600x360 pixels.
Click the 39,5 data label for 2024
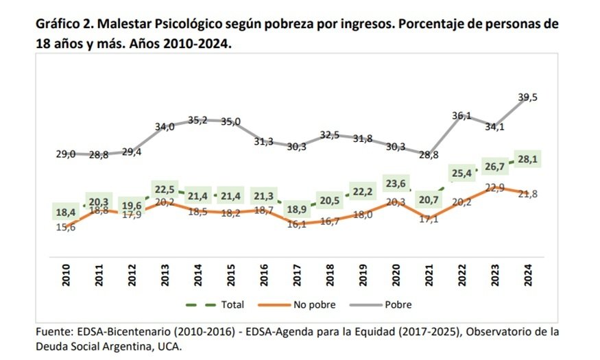pos(527,98)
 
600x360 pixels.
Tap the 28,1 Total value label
pos(527,160)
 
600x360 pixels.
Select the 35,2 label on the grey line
pos(197,120)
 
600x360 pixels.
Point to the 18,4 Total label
pos(67,213)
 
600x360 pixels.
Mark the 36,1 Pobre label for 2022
pos(461,116)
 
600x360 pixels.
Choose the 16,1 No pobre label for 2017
pos(296,224)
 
